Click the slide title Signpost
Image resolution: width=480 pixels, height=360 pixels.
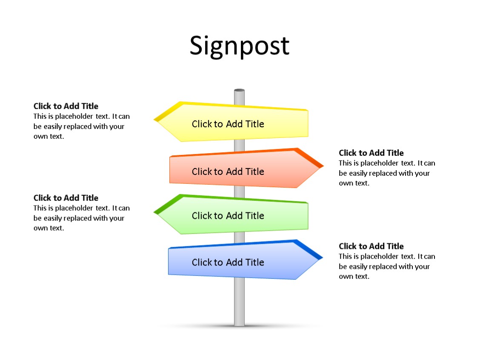239,46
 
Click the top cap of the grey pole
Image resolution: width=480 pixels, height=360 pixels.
239,91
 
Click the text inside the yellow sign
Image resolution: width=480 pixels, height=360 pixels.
228,124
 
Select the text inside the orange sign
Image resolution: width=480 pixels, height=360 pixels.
228,171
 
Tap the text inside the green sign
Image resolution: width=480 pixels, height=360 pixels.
228,216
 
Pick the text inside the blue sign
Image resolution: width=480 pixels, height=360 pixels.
228,262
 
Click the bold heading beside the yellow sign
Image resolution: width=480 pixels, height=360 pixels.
66,106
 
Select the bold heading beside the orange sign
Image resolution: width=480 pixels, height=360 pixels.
371,153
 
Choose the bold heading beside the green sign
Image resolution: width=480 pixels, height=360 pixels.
66,198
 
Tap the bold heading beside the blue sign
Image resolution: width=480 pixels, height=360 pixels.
371,246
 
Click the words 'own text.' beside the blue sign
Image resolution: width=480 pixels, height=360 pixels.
354,277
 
